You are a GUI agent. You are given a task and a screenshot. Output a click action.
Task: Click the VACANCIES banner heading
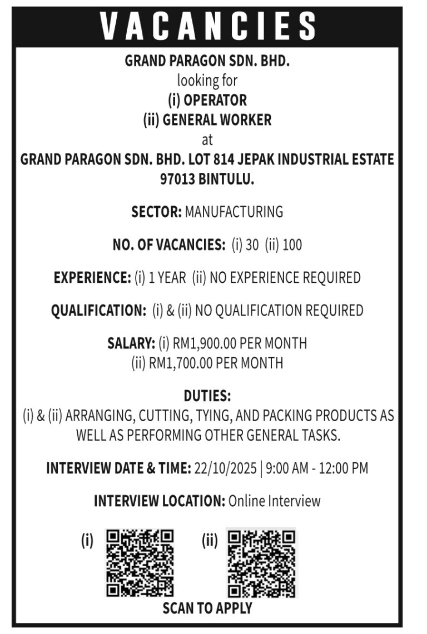coord(208,26)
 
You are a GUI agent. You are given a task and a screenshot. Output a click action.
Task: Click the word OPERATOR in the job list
coord(215,101)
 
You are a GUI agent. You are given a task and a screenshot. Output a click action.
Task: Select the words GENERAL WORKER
coord(217,120)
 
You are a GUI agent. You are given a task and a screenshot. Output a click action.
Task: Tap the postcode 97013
coord(177,179)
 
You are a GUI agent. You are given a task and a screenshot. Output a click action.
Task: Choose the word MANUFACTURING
coord(234,212)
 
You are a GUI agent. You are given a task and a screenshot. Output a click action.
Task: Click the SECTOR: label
coord(156,212)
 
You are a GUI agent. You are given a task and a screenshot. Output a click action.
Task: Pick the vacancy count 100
coord(292,244)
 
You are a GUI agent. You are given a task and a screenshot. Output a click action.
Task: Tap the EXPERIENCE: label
coord(92,277)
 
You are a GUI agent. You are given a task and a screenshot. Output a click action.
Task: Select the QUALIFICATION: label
coord(98,310)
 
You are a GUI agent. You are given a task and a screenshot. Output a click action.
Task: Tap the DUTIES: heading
coord(207,396)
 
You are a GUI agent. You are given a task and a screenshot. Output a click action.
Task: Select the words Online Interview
coord(274,501)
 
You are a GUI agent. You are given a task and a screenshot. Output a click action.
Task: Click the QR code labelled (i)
coord(140,563)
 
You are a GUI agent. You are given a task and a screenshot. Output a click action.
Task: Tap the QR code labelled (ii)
coord(261,563)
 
